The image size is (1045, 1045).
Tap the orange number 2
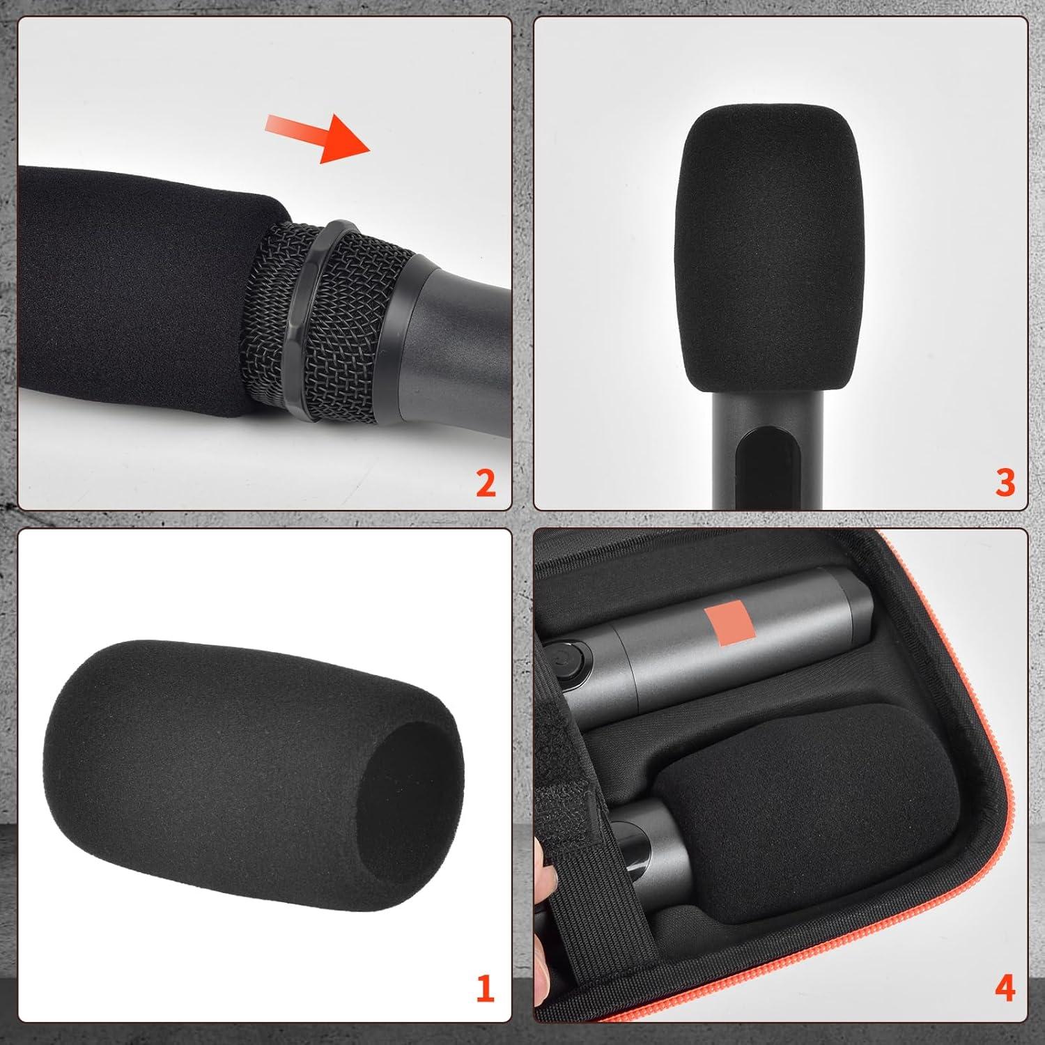[486, 482]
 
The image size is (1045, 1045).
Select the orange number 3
[1005, 482]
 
